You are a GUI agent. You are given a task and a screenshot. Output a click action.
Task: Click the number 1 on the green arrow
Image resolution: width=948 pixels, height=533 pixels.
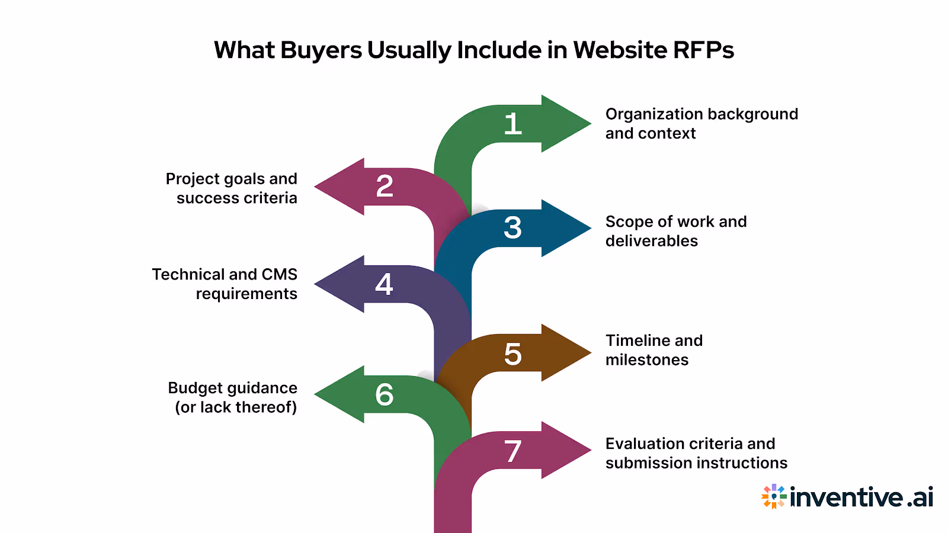513,124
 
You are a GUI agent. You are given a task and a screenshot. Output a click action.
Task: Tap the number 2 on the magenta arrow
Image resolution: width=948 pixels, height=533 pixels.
385,187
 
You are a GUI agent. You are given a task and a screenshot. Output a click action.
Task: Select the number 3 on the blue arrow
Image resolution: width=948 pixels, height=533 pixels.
513,228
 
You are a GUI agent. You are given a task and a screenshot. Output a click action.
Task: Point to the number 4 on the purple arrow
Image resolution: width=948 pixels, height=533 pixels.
384,284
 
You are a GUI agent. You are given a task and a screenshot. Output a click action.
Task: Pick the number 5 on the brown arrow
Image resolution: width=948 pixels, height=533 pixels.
513,354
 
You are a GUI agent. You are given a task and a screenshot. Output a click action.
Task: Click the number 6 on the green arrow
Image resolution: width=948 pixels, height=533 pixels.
385,394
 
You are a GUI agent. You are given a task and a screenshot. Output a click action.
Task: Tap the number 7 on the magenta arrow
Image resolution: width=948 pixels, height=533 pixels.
513,451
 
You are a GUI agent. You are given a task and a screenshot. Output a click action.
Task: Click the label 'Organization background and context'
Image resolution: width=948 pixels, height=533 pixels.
702,123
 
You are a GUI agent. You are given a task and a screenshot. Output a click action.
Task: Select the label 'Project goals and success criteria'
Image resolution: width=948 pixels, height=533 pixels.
232,188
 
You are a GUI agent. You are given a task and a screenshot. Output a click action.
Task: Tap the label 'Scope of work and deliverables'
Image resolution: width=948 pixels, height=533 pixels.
676,231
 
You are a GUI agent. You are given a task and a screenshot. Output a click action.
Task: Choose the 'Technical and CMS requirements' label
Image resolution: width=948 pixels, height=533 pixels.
225,284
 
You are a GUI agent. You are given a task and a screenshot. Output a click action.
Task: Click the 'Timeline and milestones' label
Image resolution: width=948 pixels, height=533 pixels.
654,350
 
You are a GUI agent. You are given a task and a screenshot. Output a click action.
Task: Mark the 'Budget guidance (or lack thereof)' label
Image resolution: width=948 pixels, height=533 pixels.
233,397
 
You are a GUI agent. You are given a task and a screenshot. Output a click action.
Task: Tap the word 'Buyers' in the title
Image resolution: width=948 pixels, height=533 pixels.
321,51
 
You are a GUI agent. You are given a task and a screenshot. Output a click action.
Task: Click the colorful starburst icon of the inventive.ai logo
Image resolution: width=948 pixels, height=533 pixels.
774,497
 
